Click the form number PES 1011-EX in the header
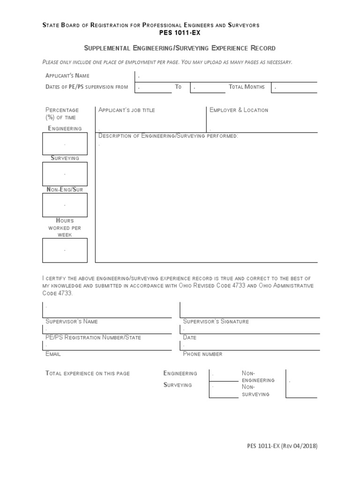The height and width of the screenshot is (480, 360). point(180,32)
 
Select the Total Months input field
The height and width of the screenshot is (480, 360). point(295,87)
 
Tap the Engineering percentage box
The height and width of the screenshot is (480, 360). point(65,143)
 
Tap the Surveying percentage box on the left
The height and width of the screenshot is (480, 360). point(65,174)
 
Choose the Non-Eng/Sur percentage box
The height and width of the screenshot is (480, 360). point(65,205)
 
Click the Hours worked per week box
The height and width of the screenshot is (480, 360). point(65,250)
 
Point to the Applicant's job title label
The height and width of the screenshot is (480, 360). point(127,110)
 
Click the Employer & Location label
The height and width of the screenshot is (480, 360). point(239,110)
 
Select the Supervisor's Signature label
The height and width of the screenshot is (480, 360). point(216,322)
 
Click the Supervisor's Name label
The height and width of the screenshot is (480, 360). point(71,322)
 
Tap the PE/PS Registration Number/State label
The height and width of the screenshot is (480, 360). point(93,337)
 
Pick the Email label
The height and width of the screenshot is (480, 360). point(53,354)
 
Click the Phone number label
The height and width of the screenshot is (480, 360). point(202,354)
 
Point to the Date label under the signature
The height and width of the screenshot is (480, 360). point(189,337)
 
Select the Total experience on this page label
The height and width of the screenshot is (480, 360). point(87,373)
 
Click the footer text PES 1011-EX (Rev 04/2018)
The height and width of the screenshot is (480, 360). point(282,447)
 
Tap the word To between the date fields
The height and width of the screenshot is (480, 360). point(178,87)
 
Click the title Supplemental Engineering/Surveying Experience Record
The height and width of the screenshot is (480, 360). point(180,48)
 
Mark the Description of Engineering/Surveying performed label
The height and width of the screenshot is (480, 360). point(168,136)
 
